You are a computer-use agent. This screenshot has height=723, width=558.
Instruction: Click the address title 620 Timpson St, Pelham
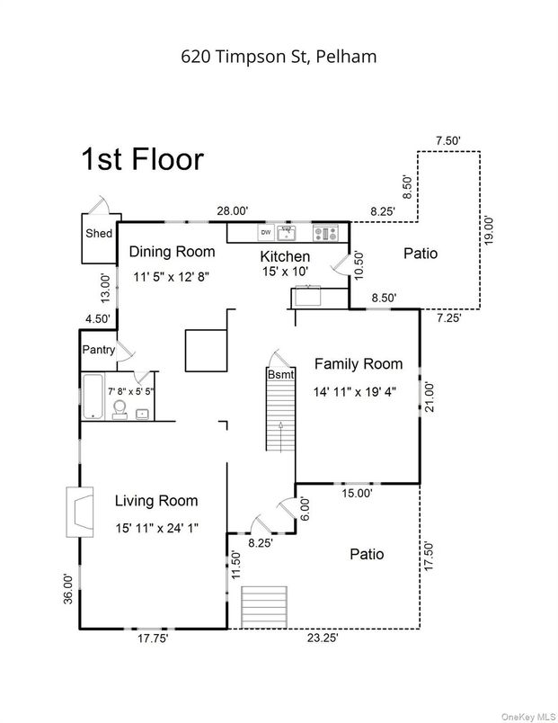click(x=279, y=56)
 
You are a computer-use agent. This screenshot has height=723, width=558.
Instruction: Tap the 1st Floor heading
click(x=142, y=160)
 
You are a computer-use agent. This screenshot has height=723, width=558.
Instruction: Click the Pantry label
click(x=99, y=349)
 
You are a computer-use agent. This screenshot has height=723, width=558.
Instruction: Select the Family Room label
click(x=358, y=364)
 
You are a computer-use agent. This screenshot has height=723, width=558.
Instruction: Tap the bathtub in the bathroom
click(x=93, y=397)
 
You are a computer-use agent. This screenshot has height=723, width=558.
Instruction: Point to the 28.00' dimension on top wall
click(x=232, y=210)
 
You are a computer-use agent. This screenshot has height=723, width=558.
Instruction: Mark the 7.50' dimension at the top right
click(x=447, y=140)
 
